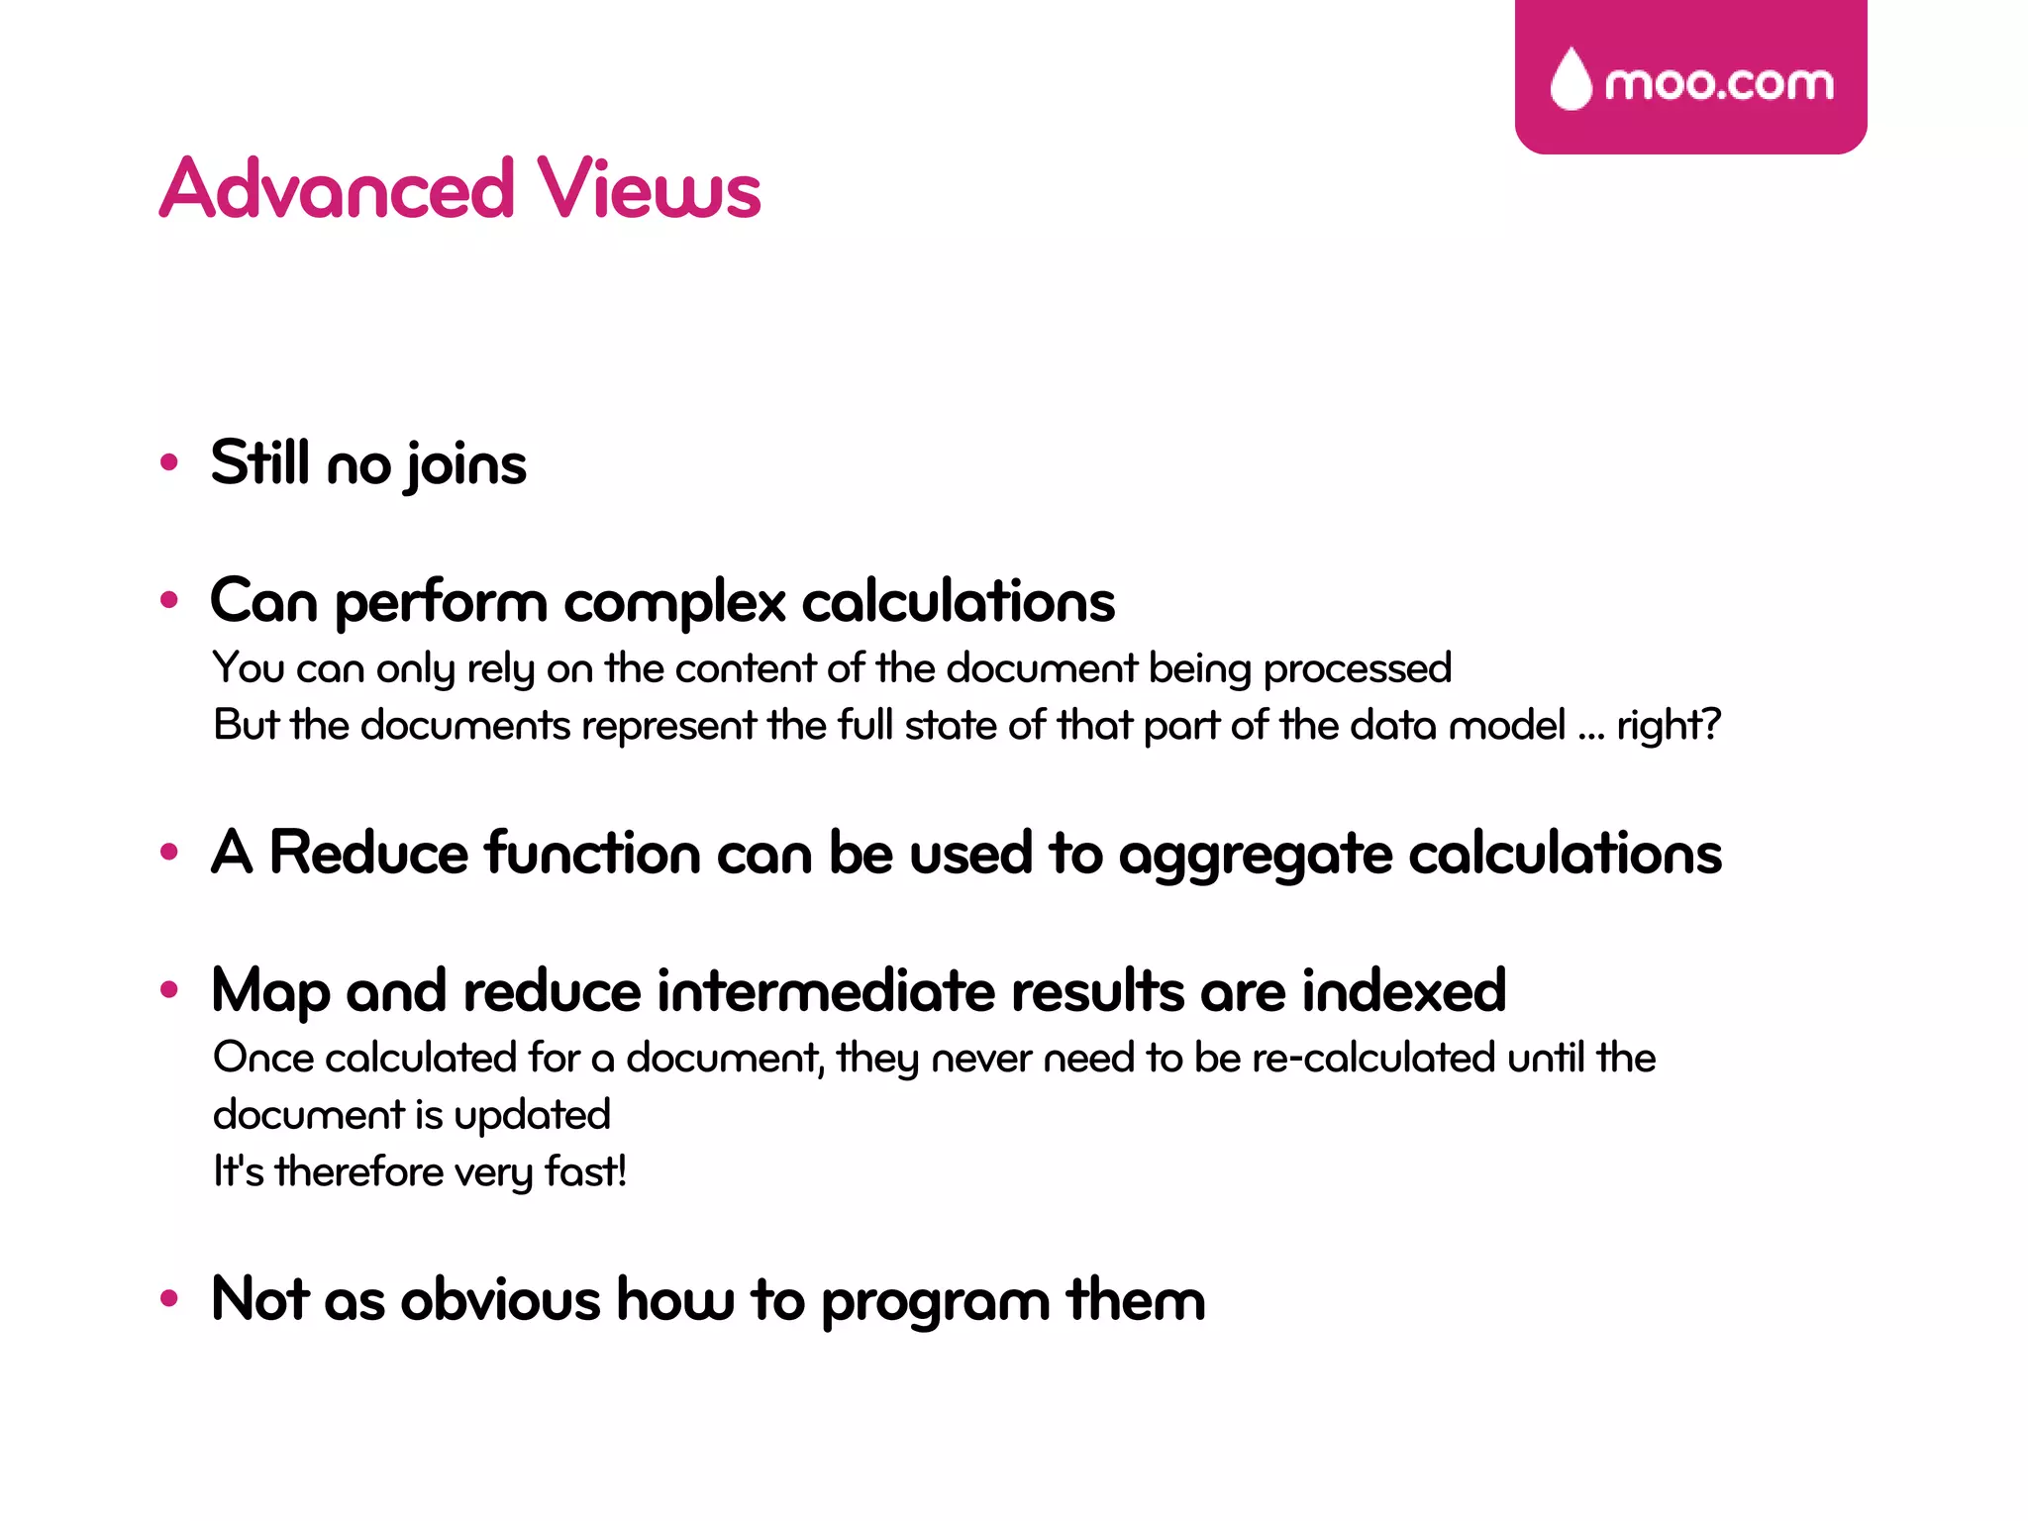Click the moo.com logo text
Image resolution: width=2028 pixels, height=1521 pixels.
[1718, 83]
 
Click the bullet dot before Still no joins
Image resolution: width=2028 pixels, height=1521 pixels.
[169, 461]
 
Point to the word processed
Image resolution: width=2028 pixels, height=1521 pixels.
[1358, 669]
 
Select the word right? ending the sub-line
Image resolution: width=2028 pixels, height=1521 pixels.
[1670, 726]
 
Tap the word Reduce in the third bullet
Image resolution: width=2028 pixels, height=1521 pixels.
[368, 853]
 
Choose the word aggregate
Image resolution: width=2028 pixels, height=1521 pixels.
[1255, 857]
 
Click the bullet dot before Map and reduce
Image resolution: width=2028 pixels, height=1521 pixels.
[169, 988]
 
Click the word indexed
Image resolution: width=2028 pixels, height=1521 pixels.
[1403, 990]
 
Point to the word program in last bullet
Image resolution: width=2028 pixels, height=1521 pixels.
[935, 1302]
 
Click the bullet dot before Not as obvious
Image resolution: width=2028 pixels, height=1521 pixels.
[169, 1297]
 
